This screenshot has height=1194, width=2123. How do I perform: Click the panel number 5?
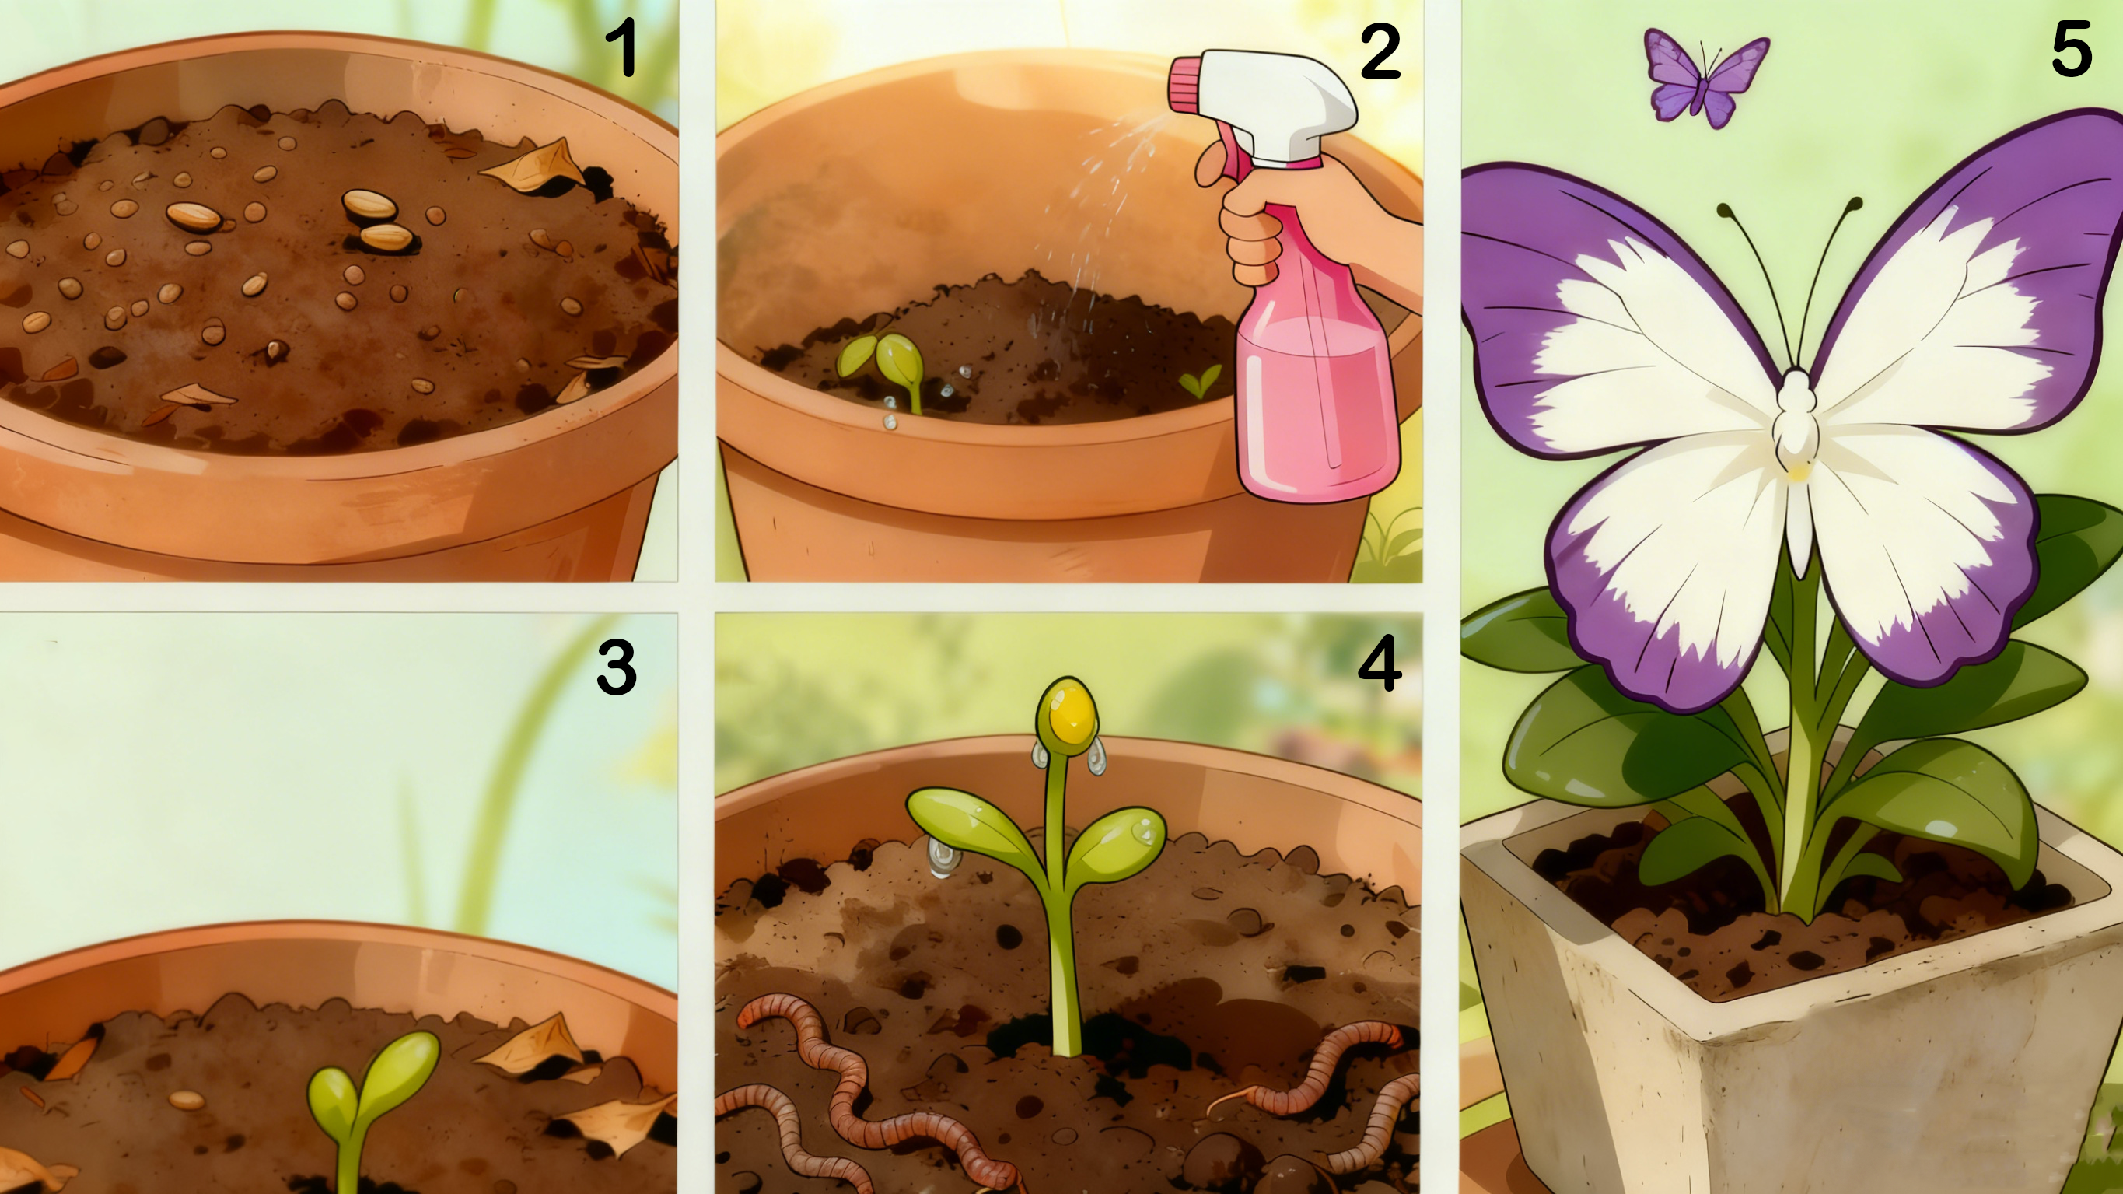pyautogui.click(x=2071, y=50)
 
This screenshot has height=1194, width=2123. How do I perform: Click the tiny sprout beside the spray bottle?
pyautogui.click(x=1199, y=381)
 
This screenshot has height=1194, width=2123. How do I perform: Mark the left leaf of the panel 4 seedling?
pyautogui.click(x=973, y=821)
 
